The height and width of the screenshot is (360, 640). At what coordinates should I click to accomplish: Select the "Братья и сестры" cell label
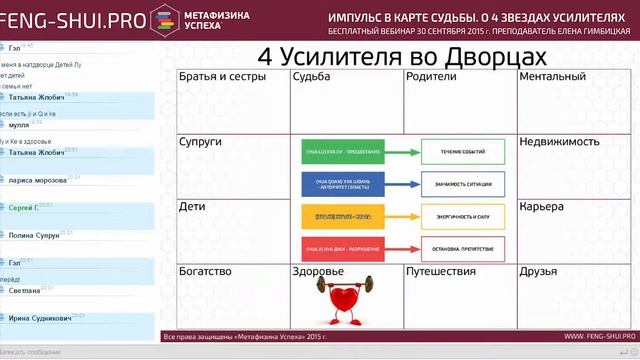tap(222, 77)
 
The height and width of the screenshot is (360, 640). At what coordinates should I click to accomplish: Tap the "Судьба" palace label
tap(313, 77)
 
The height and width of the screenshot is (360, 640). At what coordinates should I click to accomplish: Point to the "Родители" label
tap(432, 77)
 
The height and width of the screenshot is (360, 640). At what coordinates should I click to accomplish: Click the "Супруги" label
tap(201, 142)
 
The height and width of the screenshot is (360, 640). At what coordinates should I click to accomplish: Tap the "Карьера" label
tap(542, 207)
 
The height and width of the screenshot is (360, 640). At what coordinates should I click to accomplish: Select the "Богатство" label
tap(206, 271)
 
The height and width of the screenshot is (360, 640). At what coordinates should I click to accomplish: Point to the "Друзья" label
tap(541, 271)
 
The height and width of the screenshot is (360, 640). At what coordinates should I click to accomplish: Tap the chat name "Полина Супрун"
tap(34, 236)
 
